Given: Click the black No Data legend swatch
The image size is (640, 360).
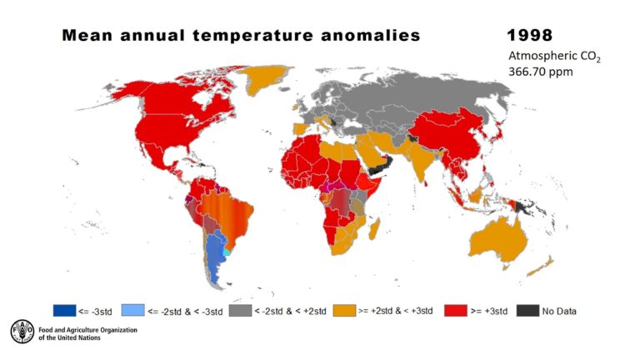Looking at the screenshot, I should click(x=527, y=311).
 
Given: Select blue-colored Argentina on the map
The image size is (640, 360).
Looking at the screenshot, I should click(x=214, y=258).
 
